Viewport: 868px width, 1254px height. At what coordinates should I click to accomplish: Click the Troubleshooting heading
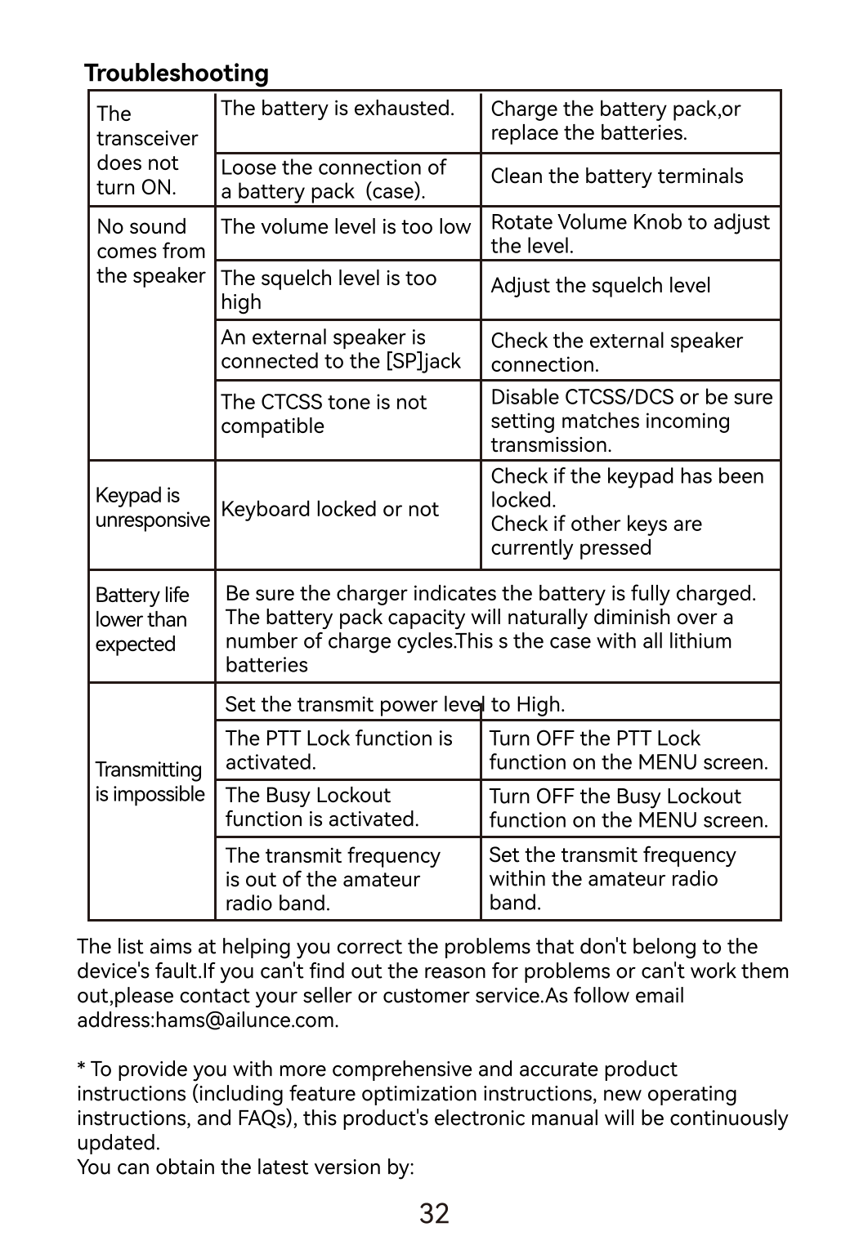coord(177,74)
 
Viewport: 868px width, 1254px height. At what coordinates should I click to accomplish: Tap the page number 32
coord(434,1213)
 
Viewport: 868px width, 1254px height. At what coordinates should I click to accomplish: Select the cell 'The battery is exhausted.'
coord(337,109)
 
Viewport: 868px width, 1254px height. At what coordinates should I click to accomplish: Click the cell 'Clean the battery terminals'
coord(616,176)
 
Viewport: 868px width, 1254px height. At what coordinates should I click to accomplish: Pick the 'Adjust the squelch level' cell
coord(600,286)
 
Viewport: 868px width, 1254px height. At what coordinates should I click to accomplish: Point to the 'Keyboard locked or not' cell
coord(329,510)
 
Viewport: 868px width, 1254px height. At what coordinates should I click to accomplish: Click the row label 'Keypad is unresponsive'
coord(151,508)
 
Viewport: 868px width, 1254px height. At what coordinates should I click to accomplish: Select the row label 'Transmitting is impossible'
coord(150,783)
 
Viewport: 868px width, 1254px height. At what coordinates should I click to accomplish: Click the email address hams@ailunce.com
coord(245,1020)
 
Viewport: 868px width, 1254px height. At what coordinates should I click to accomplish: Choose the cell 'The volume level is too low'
coord(346,227)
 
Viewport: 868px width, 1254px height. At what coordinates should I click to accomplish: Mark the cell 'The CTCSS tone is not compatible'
coord(324,414)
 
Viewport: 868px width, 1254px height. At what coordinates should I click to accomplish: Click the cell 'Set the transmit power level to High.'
coord(395,704)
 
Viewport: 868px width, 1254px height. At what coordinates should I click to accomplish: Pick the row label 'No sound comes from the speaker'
coord(150,252)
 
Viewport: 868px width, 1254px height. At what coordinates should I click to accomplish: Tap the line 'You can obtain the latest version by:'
coord(245,1167)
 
